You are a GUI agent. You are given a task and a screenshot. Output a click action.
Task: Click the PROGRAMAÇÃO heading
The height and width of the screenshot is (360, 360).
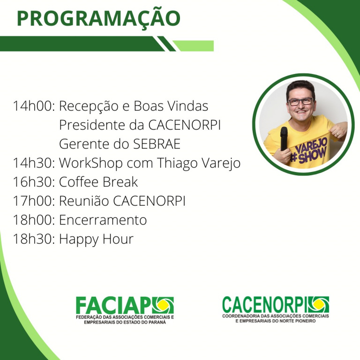[98, 19]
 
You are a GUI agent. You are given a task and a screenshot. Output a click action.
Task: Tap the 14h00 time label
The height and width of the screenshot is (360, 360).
[34, 106]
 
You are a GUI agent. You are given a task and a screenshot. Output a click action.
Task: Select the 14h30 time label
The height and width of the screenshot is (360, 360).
[34, 163]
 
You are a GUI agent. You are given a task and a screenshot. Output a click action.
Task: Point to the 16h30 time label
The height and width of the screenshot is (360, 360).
[34, 182]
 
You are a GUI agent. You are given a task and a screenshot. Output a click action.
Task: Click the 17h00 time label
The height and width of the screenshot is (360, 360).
[34, 201]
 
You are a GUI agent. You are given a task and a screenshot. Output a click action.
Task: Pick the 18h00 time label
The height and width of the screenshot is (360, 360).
[34, 220]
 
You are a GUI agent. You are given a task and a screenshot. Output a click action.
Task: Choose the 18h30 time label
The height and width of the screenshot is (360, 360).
[34, 239]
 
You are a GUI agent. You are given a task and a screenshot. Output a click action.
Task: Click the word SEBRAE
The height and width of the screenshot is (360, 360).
[157, 144]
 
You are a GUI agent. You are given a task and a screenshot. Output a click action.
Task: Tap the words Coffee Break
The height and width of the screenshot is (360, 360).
[98, 182]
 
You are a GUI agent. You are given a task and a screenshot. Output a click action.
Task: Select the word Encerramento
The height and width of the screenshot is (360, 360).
[103, 220]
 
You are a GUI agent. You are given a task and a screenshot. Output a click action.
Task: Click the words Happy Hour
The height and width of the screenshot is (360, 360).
[96, 239]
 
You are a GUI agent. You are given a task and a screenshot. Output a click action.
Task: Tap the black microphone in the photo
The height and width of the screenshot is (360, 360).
[284, 138]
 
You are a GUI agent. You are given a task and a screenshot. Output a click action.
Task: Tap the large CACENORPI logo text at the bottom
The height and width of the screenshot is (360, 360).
[265, 304]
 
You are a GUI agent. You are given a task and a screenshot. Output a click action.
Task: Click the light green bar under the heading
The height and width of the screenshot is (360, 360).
[193, 46]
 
